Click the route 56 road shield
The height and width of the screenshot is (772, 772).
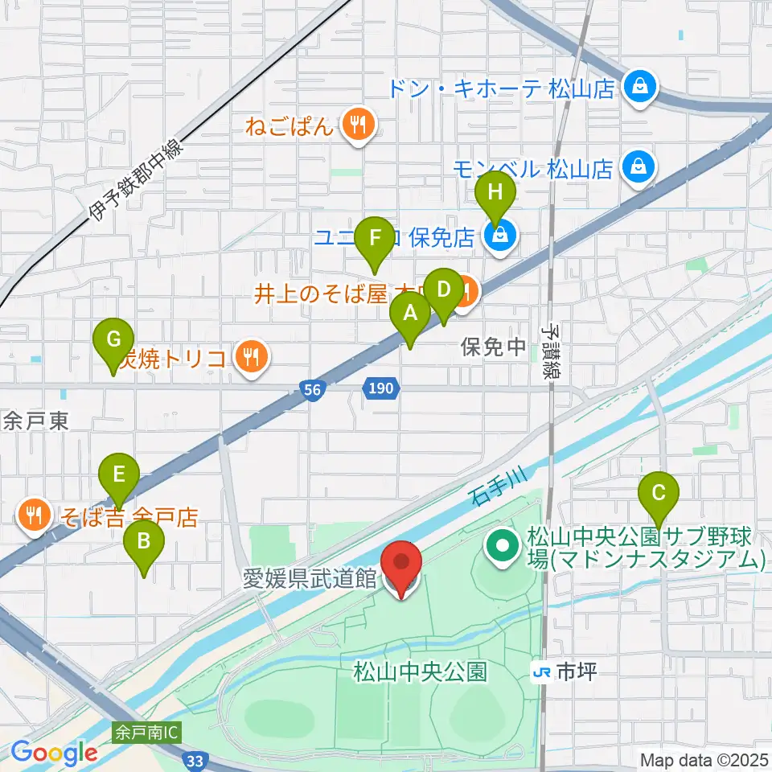point(314,389)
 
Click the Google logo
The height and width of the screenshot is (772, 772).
point(54,753)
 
